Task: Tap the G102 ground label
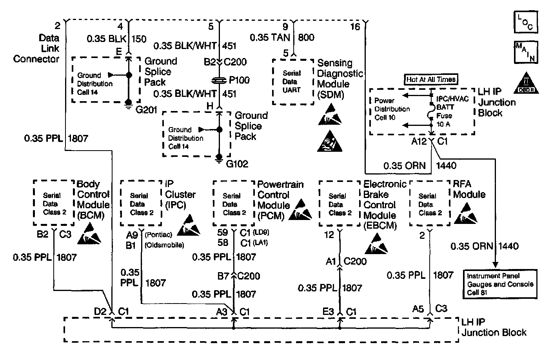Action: tap(237, 164)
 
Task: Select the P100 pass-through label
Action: tap(239, 80)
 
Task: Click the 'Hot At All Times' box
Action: tap(431, 79)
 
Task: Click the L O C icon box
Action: tap(525, 22)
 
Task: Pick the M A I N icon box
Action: tap(525, 52)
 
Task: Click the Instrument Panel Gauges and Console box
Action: tap(500, 284)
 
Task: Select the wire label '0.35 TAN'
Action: tap(270, 37)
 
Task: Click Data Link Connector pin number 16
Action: tap(355, 27)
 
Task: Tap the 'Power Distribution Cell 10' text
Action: tap(392, 109)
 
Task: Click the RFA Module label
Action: tap(469, 189)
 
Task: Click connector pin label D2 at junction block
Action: tap(100, 311)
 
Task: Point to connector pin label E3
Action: tap(329, 311)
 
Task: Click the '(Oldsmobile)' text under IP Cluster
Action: tap(164, 245)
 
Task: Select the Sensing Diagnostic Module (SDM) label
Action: tap(340, 78)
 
